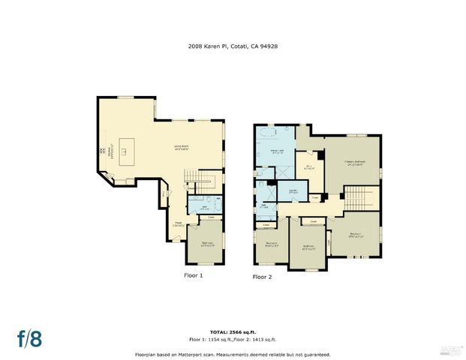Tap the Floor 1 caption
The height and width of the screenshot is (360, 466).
[x=194, y=275]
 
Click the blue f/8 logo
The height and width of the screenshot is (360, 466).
[x=30, y=337]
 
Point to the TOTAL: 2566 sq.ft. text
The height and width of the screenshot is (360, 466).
[x=232, y=331]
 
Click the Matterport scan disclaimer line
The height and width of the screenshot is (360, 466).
[x=232, y=354]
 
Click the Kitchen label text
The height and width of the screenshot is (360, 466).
[x=110, y=155]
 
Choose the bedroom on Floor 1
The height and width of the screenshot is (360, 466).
[x=204, y=244]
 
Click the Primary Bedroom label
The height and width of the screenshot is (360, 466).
[x=353, y=162]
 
